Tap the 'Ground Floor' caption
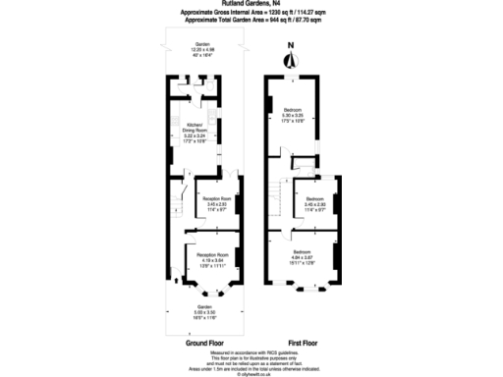click(204, 344)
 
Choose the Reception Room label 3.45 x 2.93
click(216, 204)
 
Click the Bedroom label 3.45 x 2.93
click(314, 200)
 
